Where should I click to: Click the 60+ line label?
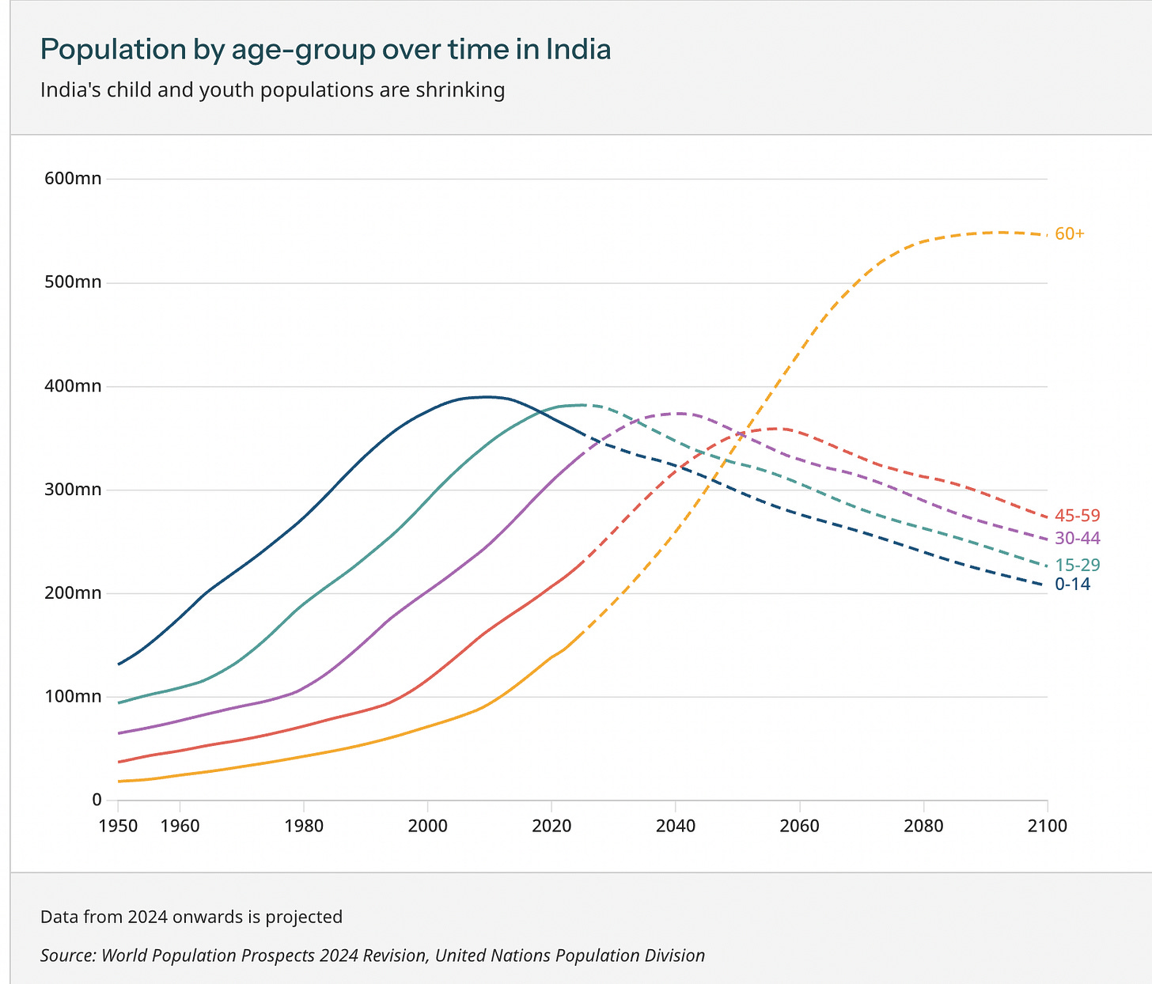tap(1070, 234)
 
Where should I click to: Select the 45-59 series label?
tap(1077, 516)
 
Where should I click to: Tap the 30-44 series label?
tap(1077, 539)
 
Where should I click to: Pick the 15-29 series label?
tap(1077, 566)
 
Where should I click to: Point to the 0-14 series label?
tap(1072, 585)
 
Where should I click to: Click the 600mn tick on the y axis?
tap(73, 179)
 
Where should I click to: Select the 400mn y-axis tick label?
tap(73, 386)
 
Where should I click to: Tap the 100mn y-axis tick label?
tap(73, 696)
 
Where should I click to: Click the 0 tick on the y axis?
tap(97, 800)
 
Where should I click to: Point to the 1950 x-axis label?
tap(118, 827)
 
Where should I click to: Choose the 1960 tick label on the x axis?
tap(180, 827)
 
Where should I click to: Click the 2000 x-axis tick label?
tap(427, 827)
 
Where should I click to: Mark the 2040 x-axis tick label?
tap(675, 827)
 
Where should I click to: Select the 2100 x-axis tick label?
tap(1048, 827)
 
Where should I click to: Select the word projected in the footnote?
tap(304, 918)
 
